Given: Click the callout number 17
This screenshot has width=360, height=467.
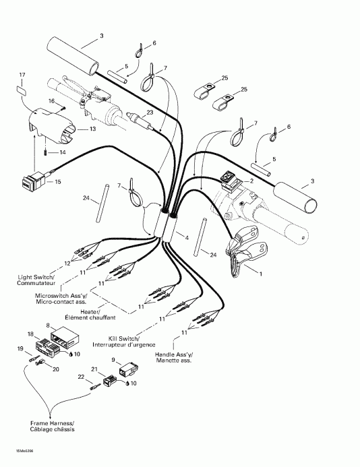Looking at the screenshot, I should tap(22, 74).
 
